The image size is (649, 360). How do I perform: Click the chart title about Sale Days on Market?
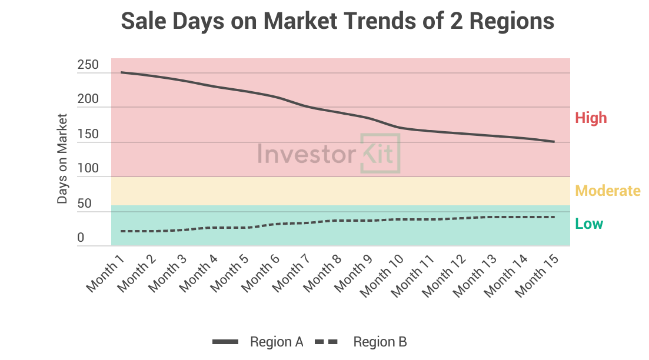point(338,22)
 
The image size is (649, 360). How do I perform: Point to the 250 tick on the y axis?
point(88,65)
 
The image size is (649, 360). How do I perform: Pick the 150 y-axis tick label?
point(88,135)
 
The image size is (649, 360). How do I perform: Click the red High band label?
point(590,118)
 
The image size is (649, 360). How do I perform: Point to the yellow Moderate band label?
point(607,191)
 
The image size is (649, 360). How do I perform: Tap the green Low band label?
point(589,224)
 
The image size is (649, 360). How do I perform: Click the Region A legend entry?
point(277,342)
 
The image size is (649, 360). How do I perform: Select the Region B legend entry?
point(380,342)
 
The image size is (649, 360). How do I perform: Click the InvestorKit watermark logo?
point(329,153)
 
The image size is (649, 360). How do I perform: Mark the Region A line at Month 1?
point(121,72)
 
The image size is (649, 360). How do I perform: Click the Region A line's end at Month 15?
point(554,142)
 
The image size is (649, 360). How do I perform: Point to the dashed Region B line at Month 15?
point(554,217)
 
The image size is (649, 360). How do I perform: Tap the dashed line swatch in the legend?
point(327,342)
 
